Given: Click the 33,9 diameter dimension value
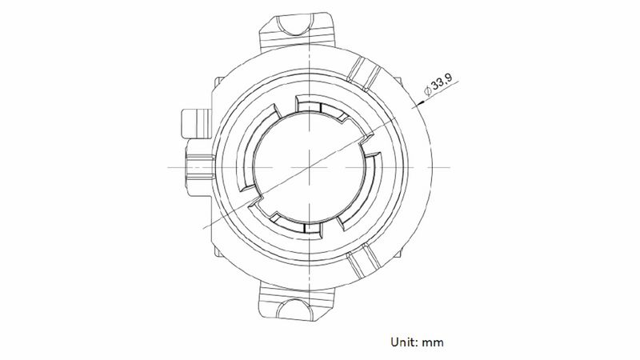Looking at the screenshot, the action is pyautogui.click(x=442, y=82).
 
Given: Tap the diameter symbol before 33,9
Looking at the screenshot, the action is pyautogui.click(x=428, y=90).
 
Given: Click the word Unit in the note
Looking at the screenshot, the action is pyautogui.click(x=403, y=342).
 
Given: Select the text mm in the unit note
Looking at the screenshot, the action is pyautogui.click(x=433, y=342).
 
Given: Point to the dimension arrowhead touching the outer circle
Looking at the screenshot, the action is pyautogui.click(x=416, y=106).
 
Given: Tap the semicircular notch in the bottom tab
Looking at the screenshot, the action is pyautogui.click(x=294, y=309).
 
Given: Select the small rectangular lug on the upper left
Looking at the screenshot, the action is pyautogui.click(x=196, y=124).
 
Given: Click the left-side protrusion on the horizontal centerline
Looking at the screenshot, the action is pyautogui.click(x=200, y=167).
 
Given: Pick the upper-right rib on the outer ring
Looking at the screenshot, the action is pyautogui.click(x=364, y=74).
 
